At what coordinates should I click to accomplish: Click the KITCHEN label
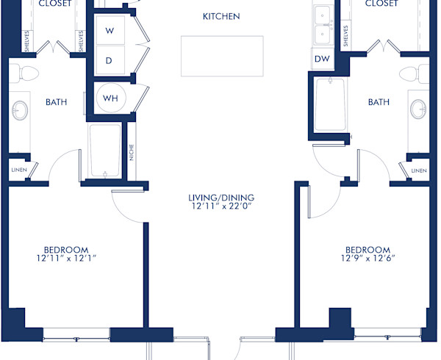coord(221,16)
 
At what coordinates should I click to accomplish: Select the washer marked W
coord(109,31)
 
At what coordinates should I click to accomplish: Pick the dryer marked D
coord(109,60)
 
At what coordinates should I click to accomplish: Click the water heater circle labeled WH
coord(110,98)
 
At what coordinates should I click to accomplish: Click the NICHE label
coord(131,152)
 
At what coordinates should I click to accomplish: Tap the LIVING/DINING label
coord(220,197)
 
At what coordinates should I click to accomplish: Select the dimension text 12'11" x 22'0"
coord(220,207)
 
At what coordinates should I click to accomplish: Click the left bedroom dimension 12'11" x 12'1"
coord(67,258)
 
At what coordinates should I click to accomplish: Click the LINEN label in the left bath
coord(18,170)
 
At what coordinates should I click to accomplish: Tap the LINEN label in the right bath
coord(419,170)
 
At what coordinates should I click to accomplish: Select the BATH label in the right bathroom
coord(379,102)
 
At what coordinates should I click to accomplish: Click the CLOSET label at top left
coord(54,4)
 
